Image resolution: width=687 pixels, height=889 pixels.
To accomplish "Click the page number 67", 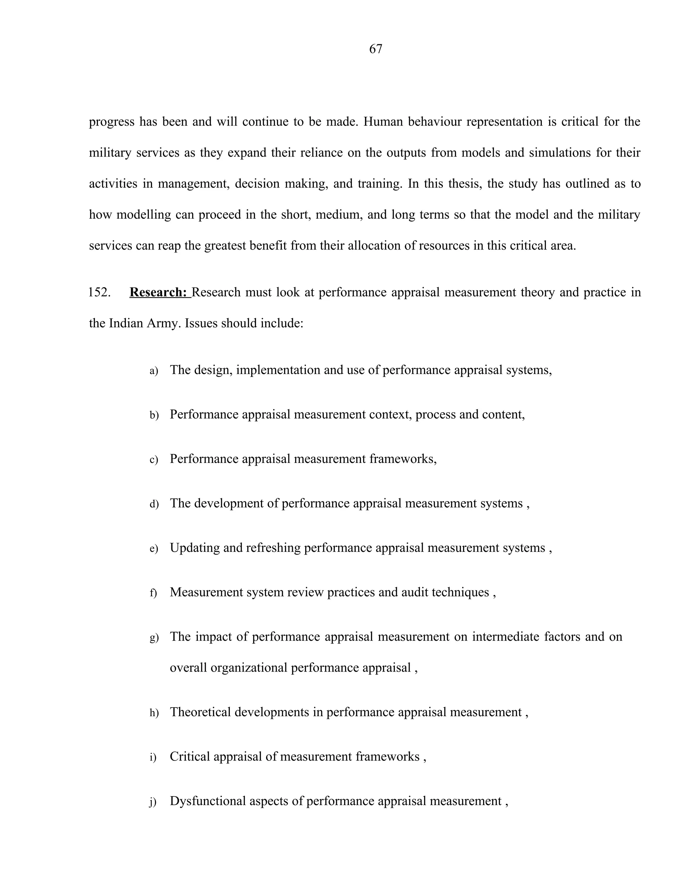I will pyautogui.click(x=375, y=49).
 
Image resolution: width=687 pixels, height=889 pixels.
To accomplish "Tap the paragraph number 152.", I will pyautogui.click(x=99, y=292).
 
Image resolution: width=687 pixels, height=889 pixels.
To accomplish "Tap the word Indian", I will pyautogui.click(x=126, y=323).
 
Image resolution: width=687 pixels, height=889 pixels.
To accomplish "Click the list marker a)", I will pyautogui.click(x=154, y=371).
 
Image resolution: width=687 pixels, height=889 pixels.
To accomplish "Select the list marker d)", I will pyautogui.click(x=154, y=504).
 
